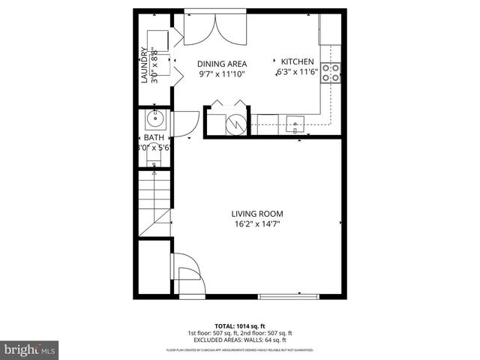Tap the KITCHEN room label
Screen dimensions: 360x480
click(x=298, y=61)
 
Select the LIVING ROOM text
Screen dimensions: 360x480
click(x=256, y=213)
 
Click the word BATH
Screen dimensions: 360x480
click(x=154, y=138)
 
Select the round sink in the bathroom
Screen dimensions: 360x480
click(x=156, y=118)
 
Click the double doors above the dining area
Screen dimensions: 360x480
click(x=215, y=31)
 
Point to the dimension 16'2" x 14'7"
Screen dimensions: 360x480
click(x=256, y=223)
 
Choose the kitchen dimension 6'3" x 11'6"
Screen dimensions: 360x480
click(x=298, y=72)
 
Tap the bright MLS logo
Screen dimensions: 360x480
click(x=30, y=350)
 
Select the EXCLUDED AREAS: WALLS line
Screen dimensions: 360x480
click(x=240, y=339)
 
